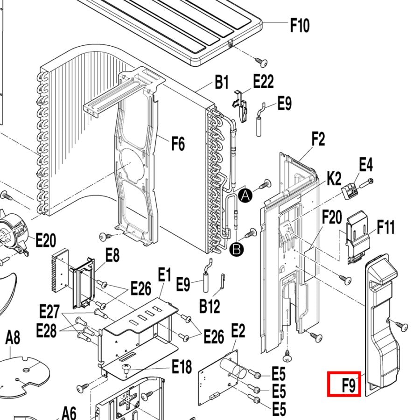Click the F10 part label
tap(300, 26)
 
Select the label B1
tap(222, 82)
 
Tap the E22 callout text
tap(263, 81)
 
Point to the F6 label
tap(178, 144)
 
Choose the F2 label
tap(318, 139)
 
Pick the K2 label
tap(335, 178)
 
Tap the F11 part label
tap(386, 227)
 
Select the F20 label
tap(332, 217)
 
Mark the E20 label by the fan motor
tap(46, 240)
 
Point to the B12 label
tap(210, 306)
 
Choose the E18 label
tap(182, 367)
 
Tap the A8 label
tap(13, 337)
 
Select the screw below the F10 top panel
tap(261, 62)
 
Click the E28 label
tap(46, 330)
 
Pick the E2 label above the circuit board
tap(238, 330)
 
